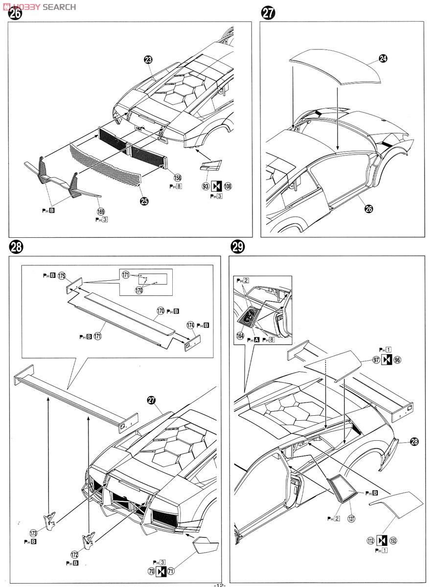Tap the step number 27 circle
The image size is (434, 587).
pyautogui.click(x=268, y=13)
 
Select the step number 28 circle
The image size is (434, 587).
pyautogui.click(x=16, y=248)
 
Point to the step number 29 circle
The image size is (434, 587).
pyautogui.click(x=238, y=248)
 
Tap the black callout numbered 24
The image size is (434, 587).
pyautogui.click(x=383, y=58)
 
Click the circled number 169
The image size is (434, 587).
pyautogui.click(x=101, y=212)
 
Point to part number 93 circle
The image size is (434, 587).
pyautogui.click(x=206, y=186)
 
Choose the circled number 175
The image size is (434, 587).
pyautogui.click(x=62, y=276)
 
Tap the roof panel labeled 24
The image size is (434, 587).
pyautogui.click(x=335, y=68)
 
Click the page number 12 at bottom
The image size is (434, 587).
pyautogui.click(x=218, y=584)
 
